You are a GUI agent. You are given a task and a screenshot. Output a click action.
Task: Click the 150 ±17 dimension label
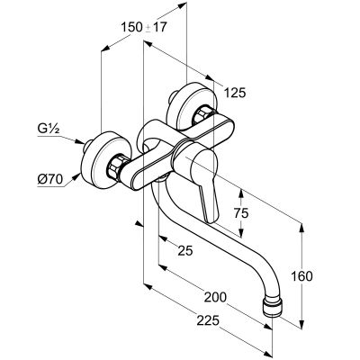[x=143, y=27]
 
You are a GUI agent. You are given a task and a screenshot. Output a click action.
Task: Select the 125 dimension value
[x=236, y=93]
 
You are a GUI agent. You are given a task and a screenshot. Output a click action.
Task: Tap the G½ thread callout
[x=49, y=130]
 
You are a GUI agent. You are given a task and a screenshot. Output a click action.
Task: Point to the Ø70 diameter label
[x=50, y=180]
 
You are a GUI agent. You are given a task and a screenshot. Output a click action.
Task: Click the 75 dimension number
[x=241, y=213]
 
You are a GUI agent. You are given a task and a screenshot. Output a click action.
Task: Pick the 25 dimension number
[x=185, y=250]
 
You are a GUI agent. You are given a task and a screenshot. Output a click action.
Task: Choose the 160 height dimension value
[x=301, y=276]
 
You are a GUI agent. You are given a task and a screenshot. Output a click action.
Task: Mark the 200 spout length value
[x=215, y=297]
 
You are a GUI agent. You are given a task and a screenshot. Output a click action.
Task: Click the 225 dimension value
[x=208, y=321]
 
